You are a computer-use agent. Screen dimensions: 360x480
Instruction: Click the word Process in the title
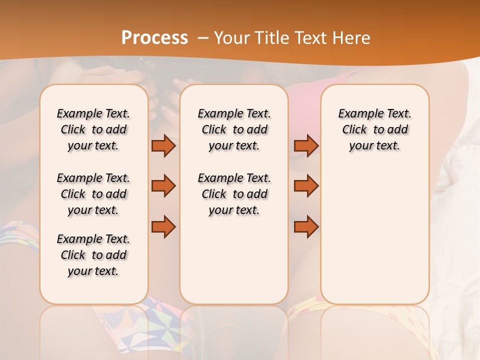pyautogui.click(x=154, y=37)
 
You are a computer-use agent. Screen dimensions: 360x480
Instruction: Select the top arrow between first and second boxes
pyautogui.click(x=163, y=145)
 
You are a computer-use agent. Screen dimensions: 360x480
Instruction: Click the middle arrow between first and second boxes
pyautogui.click(x=163, y=186)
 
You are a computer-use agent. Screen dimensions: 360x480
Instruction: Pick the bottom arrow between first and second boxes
pyautogui.click(x=163, y=226)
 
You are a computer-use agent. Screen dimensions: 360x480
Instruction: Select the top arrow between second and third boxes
pyautogui.click(x=306, y=145)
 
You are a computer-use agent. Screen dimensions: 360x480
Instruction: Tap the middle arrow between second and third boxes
pyautogui.click(x=306, y=186)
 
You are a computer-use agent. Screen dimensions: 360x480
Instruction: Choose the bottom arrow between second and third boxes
pyautogui.click(x=306, y=226)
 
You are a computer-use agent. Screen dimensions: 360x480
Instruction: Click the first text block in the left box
pyautogui.click(x=93, y=129)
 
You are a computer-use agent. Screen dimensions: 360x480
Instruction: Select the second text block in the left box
pyautogui.click(x=93, y=194)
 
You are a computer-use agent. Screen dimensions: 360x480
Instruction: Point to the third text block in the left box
pyautogui.click(x=93, y=255)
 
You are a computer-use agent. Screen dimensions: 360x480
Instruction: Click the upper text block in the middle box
pyautogui.click(x=234, y=129)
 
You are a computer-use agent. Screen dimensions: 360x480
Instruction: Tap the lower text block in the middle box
pyautogui.click(x=234, y=194)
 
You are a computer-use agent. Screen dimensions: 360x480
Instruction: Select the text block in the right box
pyautogui.click(x=374, y=129)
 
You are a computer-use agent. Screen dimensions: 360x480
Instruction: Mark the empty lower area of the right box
pyautogui.click(x=374, y=230)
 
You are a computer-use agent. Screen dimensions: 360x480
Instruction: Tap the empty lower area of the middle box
pyautogui.click(x=234, y=260)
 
